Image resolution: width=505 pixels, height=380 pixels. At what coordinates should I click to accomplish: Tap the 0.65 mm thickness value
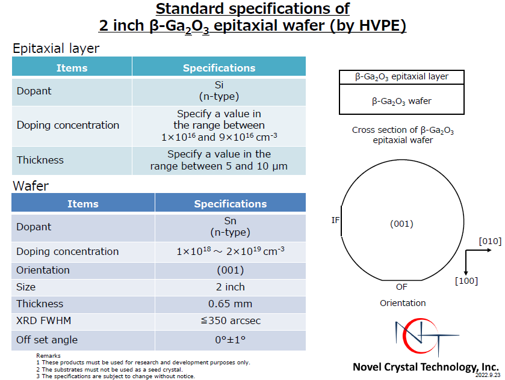pos(231,304)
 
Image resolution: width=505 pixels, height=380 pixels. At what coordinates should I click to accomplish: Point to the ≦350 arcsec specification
pos(231,320)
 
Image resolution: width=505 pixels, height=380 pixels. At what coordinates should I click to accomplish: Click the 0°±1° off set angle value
pos(231,340)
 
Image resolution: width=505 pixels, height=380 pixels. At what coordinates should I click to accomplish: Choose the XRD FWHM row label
pos(43,320)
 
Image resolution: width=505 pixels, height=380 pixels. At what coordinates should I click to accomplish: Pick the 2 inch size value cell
pos(231,287)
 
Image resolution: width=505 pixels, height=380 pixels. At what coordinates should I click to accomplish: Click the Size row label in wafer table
pos(26,287)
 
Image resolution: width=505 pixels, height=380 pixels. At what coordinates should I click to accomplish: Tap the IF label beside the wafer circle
pos(335,220)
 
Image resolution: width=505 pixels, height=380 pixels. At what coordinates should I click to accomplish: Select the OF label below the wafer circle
pos(401,287)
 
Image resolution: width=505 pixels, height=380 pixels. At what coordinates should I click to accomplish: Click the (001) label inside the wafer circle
pos(401,224)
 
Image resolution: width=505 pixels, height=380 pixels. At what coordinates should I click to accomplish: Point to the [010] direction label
pos(490,241)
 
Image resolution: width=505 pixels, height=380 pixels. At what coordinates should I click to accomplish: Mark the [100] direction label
pos(466,281)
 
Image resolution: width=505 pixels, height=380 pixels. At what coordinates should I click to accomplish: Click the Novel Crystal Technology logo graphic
pos(427,337)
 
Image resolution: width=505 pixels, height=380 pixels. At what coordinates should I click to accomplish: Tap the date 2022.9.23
pos(488,375)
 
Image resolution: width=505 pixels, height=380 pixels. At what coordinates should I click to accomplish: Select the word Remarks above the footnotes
pos(48,355)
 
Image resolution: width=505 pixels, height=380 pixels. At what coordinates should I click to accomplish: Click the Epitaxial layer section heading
pos(56,48)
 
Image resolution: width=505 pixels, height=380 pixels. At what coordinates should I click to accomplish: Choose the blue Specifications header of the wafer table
pos(231,204)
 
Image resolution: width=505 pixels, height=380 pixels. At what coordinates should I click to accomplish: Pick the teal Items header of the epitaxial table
pos(72,68)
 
